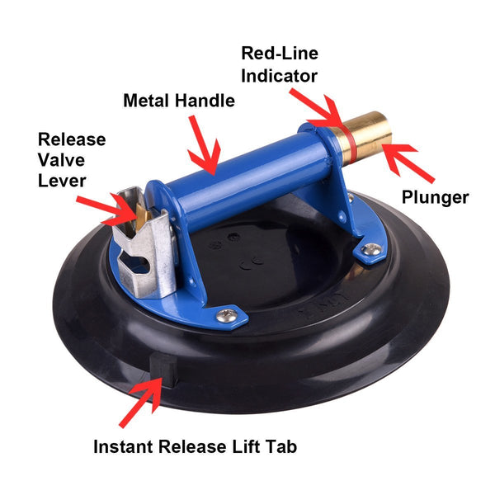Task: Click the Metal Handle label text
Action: point(179,101)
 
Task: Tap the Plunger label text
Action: point(436,198)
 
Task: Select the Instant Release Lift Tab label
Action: point(195,446)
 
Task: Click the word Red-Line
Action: point(280,53)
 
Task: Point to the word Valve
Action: point(62,160)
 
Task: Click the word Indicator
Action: point(279,76)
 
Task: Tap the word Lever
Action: point(62,181)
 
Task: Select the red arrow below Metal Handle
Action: point(204,145)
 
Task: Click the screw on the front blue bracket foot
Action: point(227,315)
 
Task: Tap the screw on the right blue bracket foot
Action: point(372,250)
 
